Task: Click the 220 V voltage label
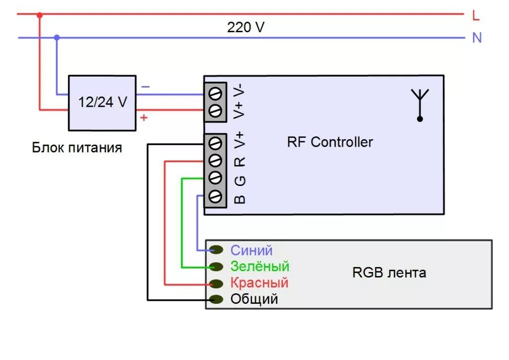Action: tap(246, 27)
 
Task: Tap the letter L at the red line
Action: tap(476, 15)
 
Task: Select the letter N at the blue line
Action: tap(477, 38)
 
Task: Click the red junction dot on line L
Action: tap(40, 15)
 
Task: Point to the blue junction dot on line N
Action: tap(57, 38)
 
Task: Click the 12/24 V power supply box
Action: tap(102, 103)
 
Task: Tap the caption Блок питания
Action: tap(77, 148)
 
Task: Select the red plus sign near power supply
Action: tap(144, 117)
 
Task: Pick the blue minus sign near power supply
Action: tap(146, 87)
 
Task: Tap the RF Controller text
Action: tap(330, 142)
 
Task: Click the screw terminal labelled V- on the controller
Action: tap(215, 94)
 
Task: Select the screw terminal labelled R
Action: tap(215, 160)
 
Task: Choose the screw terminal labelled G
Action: tap(215, 178)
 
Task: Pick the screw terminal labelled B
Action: tap(215, 196)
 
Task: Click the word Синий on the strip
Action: tap(251, 250)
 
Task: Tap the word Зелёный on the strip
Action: tap(259, 266)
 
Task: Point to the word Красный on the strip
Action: tap(259, 283)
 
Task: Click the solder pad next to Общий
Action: tap(216, 299)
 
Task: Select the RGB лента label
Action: tap(389, 272)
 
